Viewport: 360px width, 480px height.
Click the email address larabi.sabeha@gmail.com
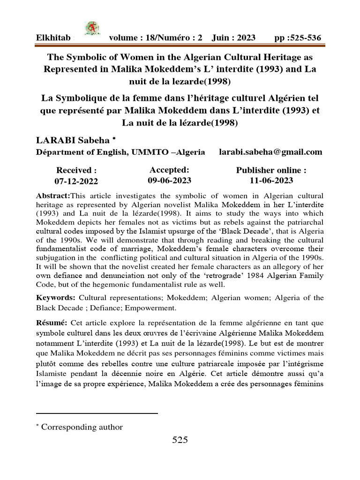[x=271, y=152]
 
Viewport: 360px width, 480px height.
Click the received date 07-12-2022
[x=76, y=181]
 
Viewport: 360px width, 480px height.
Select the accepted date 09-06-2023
[x=169, y=180]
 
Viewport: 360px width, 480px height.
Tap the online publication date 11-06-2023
[x=271, y=180]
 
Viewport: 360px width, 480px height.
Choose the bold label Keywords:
[x=56, y=298]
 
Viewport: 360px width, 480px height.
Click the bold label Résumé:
[x=53, y=322]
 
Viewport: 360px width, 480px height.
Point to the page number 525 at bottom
[x=180, y=440]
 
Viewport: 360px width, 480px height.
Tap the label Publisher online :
[x=271, y=170]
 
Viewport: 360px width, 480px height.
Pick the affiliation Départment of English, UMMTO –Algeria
[x=121, y=152]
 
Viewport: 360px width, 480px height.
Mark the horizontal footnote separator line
[x=97, y=413]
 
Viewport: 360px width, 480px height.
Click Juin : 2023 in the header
[x=233, y=37]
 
